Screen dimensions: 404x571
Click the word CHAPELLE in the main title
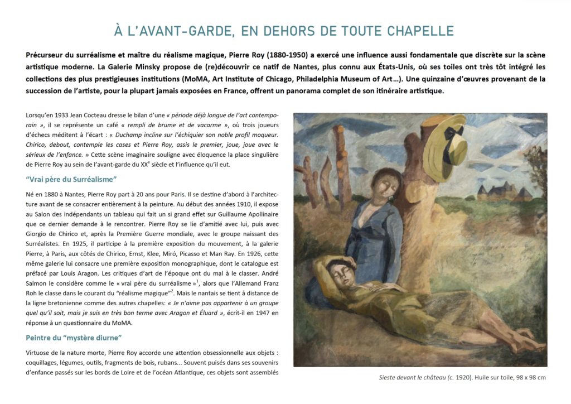tap(419, 31)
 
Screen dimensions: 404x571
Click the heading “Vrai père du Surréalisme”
tap(71, 179)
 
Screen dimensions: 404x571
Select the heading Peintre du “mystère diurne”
tap(74, 338)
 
